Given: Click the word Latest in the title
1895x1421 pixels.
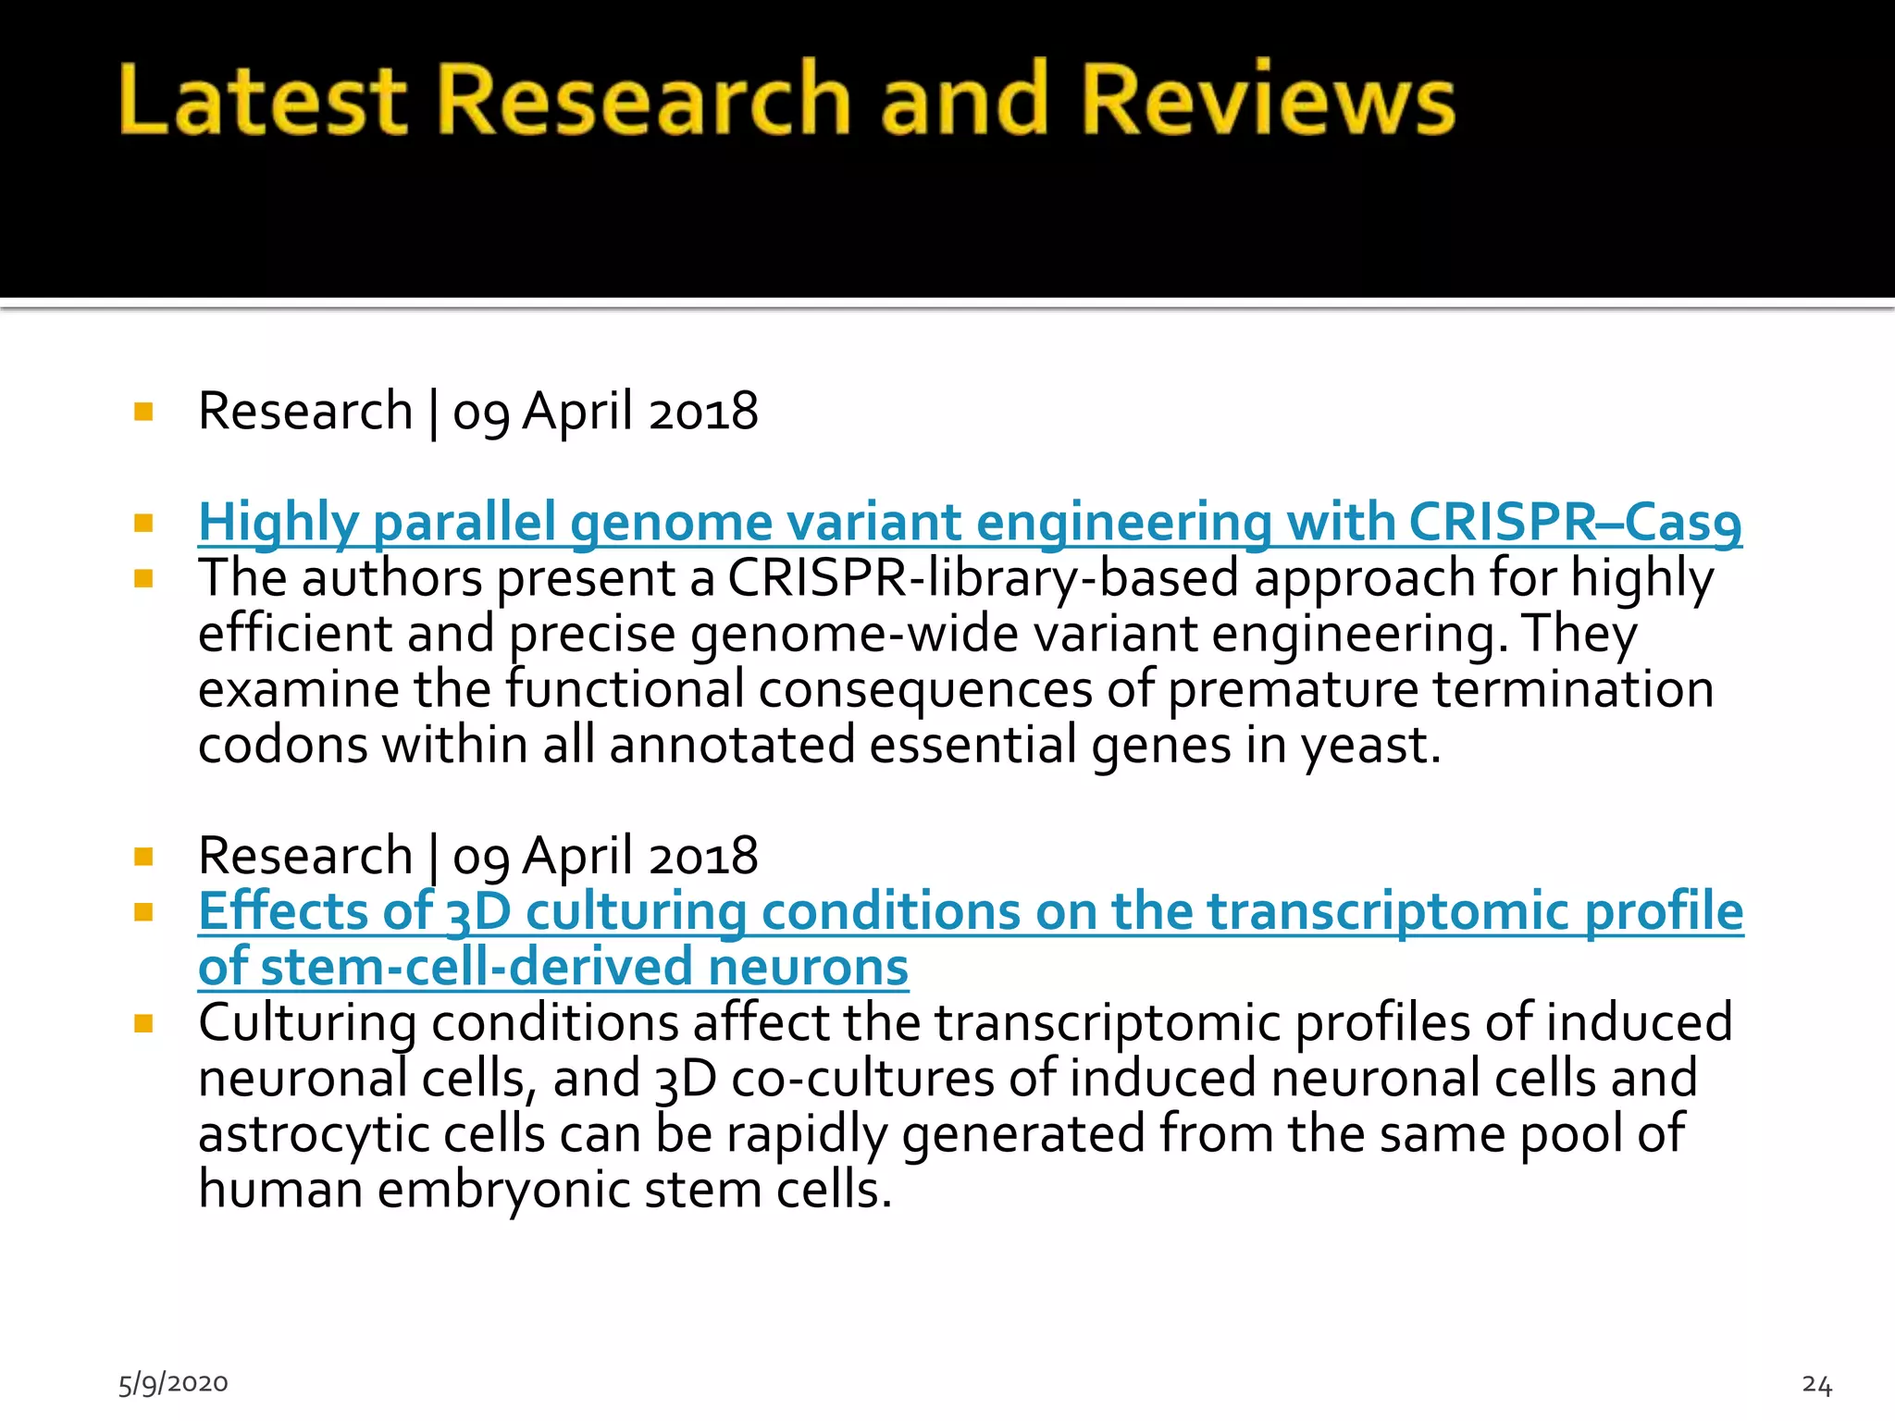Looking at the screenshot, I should coord(263,100).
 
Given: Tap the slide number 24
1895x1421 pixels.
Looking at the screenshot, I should coord(1816,1385).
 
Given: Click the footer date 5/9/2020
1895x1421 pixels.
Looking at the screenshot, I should coord(173,1383).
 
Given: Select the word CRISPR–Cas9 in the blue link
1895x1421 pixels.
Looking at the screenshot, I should coord(1575,523).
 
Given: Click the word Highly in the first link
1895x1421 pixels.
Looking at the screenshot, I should coord(278,523).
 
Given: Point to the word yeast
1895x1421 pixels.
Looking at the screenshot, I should coord(1369,746).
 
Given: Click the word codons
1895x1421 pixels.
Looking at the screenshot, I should coord(282,746).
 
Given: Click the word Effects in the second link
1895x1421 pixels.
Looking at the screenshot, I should coord(283,911).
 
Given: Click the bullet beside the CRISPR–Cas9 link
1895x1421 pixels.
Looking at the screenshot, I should coord(143,524).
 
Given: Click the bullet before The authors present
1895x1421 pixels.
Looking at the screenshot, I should coord(143,579).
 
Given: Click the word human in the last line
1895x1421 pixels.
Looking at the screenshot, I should coord(279,1190).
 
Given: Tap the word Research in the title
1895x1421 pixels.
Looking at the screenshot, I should coord(642,100).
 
